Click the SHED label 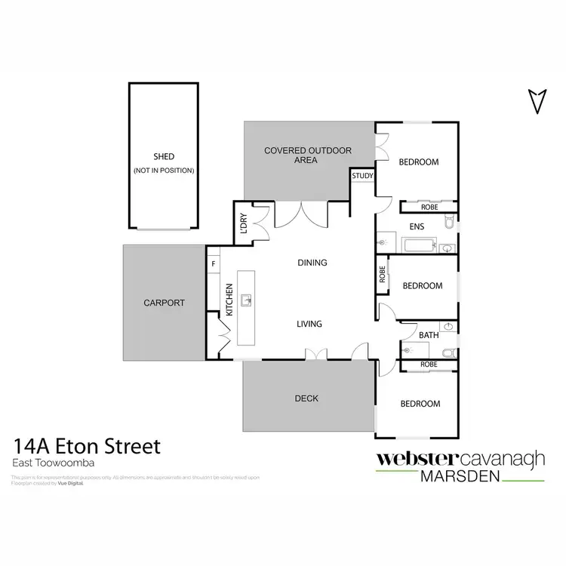(164, 157)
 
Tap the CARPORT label (164, 303)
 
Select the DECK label (308, 398)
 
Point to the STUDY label (362, 177)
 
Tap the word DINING (312, 263)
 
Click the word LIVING (309, 324)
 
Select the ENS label (416, 226)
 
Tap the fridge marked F (214, 263)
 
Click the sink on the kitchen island (246, 301)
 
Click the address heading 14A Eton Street (86, 447)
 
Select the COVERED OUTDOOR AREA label (308, 155)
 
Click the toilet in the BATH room (449, 352)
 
